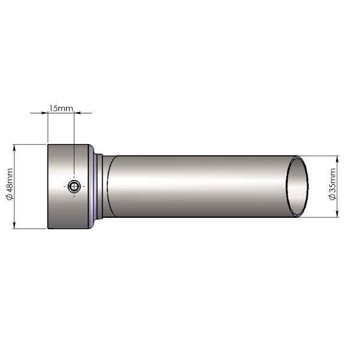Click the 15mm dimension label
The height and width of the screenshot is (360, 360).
click(x=61, y=108)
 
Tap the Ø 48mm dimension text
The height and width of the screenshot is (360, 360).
click(x=10, y=184)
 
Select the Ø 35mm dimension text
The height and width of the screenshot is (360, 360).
click(x=332, y=184)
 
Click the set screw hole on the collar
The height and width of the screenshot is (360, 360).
click(x=74, y=186)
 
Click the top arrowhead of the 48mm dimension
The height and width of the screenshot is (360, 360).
click(x=14, y=148)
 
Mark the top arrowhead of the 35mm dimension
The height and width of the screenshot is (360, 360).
click(x=337, y=159)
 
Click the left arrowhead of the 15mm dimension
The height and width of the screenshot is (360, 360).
click(x=44, y=113)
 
